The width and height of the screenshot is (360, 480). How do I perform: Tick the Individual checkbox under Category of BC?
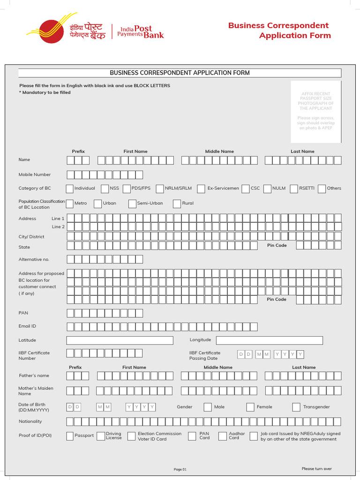click(69, 188)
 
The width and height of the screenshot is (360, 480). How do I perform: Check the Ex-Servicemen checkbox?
click(201, 188)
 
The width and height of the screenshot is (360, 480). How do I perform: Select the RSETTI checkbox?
click(293, 188)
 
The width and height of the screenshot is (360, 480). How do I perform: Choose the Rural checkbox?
click(177, 203)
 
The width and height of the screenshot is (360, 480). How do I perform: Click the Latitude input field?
click(120, 340)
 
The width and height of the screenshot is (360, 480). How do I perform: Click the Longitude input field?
click(269, 340)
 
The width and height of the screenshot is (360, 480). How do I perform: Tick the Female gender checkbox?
click(250, 407)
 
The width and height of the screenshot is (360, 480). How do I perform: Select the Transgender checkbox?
click(296, 407)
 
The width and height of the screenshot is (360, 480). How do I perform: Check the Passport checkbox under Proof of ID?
click(70, 436)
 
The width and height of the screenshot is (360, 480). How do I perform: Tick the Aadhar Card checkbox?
click(223, 436)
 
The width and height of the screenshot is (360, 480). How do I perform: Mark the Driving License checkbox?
click(100, 436)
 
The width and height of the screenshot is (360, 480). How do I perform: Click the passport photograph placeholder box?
click(315, 112)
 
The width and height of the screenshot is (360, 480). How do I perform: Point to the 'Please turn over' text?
click(316, 469)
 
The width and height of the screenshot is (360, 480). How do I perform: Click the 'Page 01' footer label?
click(180, 469)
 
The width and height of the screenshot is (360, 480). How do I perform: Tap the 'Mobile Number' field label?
click(35, 174)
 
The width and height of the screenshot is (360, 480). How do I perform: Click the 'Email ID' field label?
click(27, 326)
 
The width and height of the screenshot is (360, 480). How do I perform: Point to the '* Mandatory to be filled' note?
click(45, 92)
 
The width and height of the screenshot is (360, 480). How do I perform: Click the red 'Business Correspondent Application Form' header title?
click(279, 30)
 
